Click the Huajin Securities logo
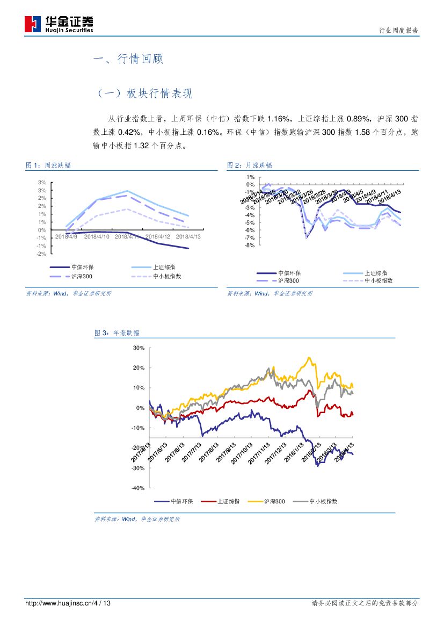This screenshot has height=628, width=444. [x=59, y=24]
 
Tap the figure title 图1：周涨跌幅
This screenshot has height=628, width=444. [x=48, y=165]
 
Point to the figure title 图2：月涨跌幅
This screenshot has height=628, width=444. [x=250, y=165]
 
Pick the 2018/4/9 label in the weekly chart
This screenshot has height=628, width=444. [x=67, y=236]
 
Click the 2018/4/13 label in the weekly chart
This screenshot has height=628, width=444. [x=188, y=236]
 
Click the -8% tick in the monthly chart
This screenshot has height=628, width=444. [x=250, y=246]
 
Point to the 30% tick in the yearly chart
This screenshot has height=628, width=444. [x=139, y=348]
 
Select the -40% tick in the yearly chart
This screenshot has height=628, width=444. [x=138, y=488]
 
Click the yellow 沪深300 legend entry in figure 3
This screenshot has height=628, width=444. [x=274, y=502]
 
